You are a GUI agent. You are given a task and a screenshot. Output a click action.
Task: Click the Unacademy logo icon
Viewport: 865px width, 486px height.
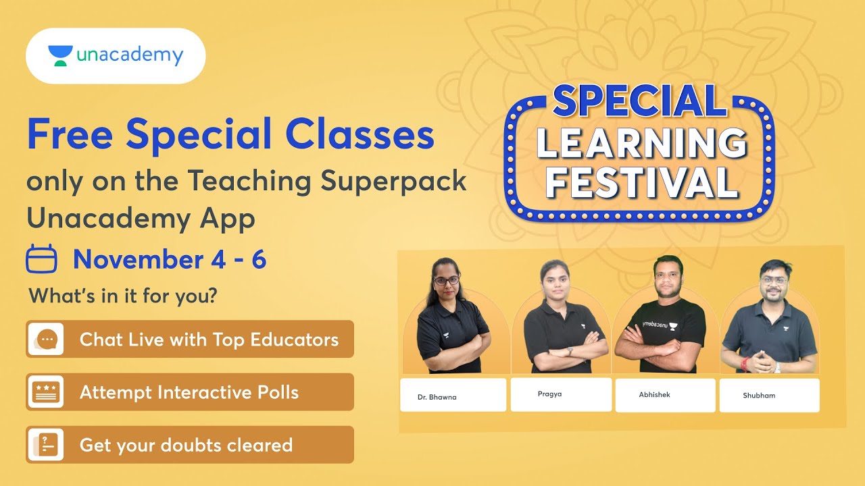(x=60, y=56)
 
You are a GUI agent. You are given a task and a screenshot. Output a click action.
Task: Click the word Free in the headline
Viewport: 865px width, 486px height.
(x=70, y=134)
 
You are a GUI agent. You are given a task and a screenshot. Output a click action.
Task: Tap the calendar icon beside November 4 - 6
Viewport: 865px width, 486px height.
(x=41, y=260)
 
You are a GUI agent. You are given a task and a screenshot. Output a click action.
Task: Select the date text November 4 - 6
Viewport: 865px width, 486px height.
(x=170, y=260)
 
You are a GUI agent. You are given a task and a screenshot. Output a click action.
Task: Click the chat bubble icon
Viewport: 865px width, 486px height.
(x=46, y=339)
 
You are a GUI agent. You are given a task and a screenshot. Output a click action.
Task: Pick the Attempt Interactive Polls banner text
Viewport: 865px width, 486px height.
(x=189, y=392)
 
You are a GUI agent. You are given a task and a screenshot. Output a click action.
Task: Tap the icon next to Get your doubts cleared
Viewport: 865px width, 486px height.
(x=46, y=445)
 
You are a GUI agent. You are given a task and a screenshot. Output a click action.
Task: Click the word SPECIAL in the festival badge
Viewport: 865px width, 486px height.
(x=639, y=102)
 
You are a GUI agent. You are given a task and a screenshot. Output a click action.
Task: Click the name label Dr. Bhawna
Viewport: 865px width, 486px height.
(x=437, y=397)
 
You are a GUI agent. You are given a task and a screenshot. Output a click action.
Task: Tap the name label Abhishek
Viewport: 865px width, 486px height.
(x=655, y=395)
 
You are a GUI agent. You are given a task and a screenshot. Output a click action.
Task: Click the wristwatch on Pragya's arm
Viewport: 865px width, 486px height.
(x=570, y=351)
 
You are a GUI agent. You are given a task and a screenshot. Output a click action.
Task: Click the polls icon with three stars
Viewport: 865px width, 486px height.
(x=46, y=392)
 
